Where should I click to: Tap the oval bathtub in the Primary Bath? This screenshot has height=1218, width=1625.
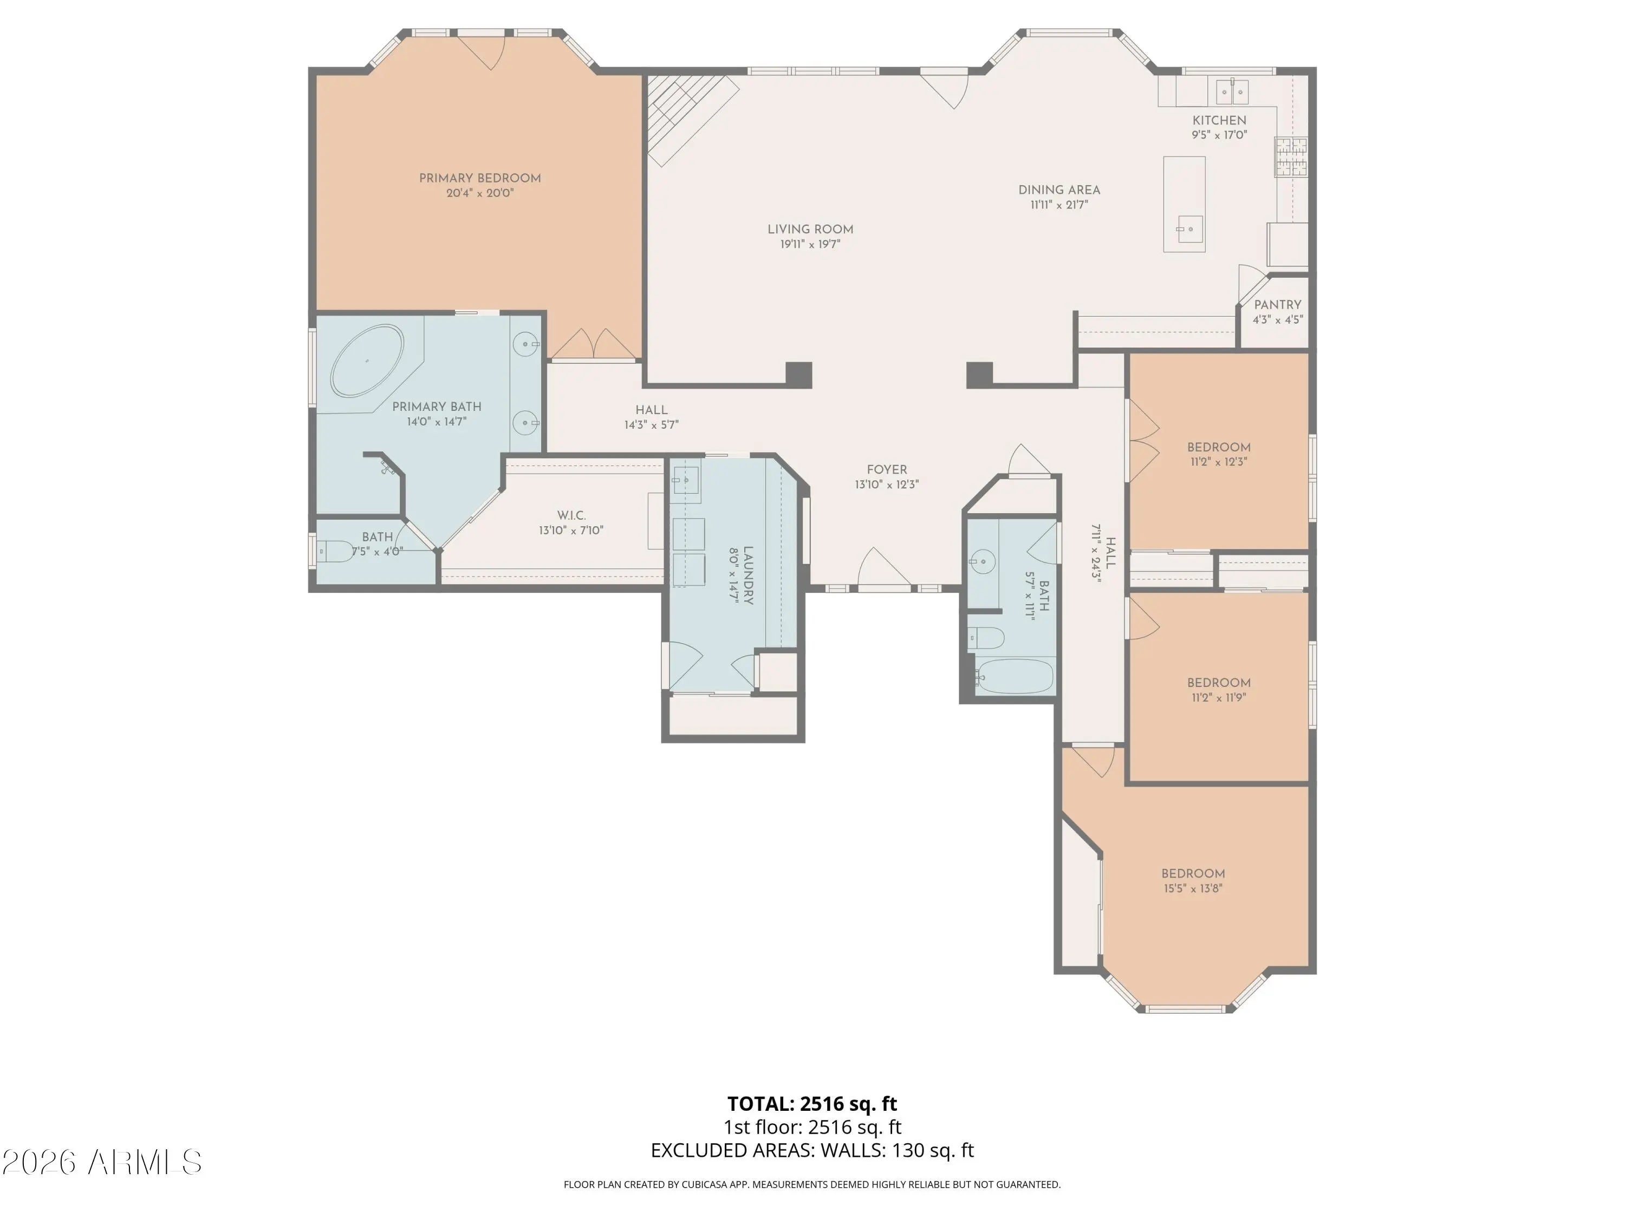tap(367, 361)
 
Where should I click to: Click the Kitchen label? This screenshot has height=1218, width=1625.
tap(1219, 120)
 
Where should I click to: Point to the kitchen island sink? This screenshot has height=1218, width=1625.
tap(1185, 229)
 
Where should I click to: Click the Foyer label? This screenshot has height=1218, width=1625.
tap(887, 470)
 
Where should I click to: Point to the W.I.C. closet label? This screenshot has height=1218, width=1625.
tap(571, 515)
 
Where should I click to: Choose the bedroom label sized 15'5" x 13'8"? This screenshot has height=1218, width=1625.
tap(1193, 874)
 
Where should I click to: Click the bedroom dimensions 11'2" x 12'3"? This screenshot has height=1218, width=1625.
tap(1219, 462)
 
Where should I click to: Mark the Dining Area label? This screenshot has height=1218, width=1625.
tap(1058, 190)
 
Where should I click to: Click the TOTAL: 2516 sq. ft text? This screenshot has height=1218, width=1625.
tap(812, 1103)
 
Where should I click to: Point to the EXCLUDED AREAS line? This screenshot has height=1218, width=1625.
tap(812, 1150)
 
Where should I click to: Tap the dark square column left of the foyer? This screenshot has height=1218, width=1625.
tap(798, 375)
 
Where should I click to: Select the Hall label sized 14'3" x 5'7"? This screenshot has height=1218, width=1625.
tap(652, 410)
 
